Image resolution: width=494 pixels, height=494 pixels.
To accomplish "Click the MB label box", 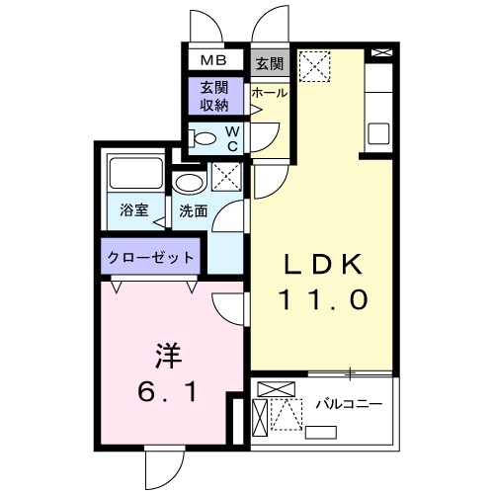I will [x=213, y=60].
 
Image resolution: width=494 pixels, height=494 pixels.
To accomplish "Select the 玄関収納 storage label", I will [x=214, y=96].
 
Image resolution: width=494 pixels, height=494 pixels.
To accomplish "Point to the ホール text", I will [x=269, y=93].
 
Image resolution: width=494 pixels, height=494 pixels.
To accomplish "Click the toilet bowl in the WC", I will [x=206, y=137].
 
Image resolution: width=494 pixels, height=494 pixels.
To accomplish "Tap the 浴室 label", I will [x=133, y=209].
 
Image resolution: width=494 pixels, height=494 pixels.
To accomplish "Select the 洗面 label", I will [x=193, y=209].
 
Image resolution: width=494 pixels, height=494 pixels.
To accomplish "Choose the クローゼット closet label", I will [x=151, y=257].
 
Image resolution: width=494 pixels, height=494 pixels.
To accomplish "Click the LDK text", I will [x=327, y=264].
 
